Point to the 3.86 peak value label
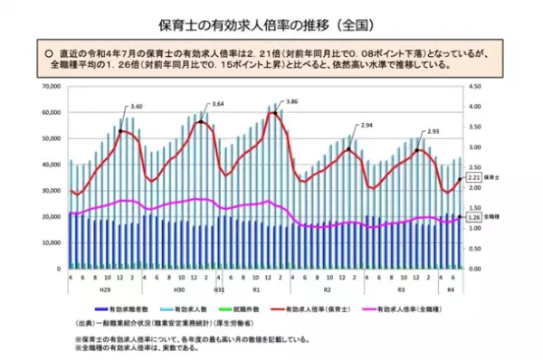pyautogui.click(x=291, y=102)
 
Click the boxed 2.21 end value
pyautogui.click(x=472, y=179)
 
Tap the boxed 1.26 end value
pyautogui.click(x=472, y=217)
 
